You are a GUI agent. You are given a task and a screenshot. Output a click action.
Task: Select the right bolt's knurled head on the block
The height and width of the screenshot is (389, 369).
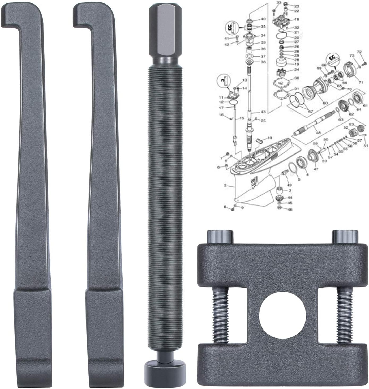tap(346, 236)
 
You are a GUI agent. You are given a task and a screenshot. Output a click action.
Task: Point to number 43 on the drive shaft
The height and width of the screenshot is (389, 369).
tap(263, 112)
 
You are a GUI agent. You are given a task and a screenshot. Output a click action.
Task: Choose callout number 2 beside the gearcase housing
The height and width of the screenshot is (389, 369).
tap(225, 185)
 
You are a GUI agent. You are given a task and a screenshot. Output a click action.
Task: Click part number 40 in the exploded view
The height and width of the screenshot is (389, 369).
tap(263, 19)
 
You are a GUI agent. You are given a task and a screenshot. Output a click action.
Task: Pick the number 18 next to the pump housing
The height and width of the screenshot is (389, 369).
tap(297, 19)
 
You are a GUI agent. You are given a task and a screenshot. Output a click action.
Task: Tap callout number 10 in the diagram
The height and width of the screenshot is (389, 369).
tap(269, 138)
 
